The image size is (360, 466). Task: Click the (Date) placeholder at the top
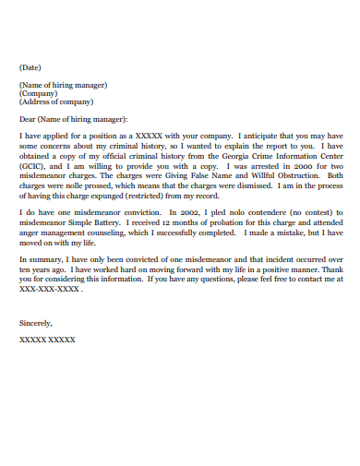tap(30, 66)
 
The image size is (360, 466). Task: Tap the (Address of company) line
tap(55, 102)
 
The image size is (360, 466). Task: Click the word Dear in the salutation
tap(28, 119)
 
